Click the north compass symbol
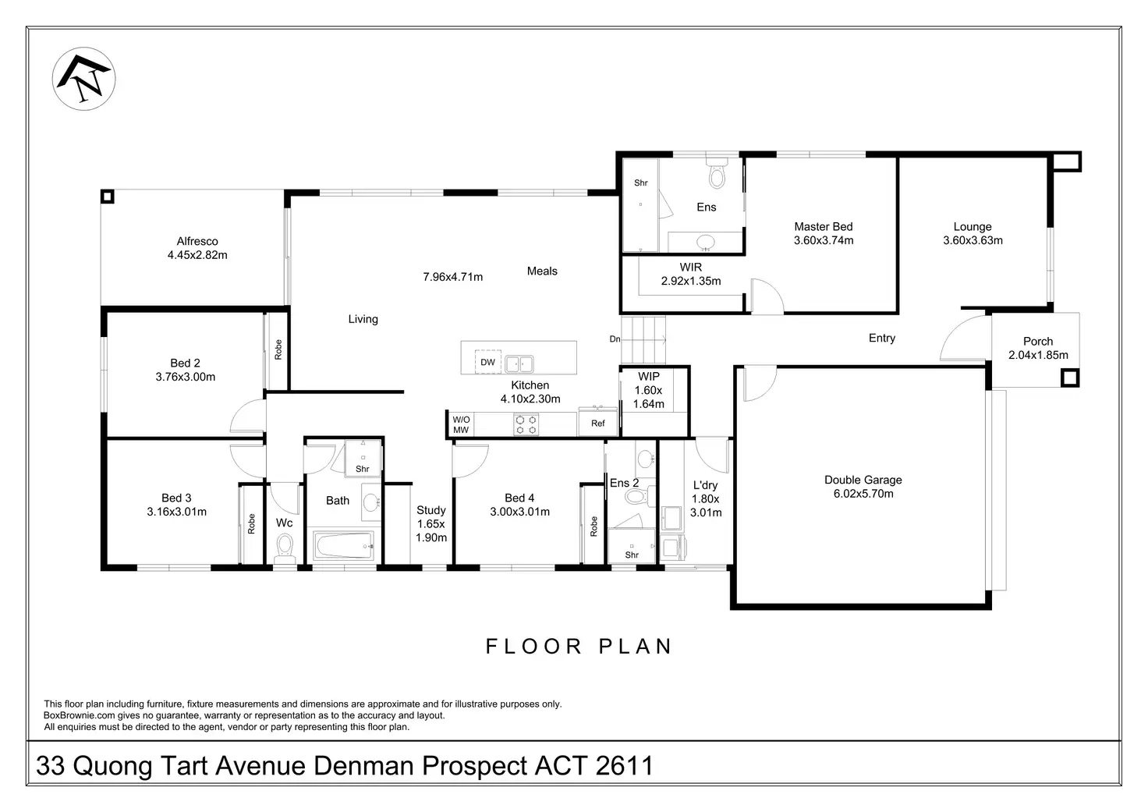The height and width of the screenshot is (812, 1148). click(x=83, y=79)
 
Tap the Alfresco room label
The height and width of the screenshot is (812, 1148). click(x=197, y=241)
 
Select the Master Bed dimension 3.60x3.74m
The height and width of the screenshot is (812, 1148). click(x=824, y=240)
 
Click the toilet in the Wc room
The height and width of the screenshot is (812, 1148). click(x=285, y=548)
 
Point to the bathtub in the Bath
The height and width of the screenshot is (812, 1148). click(x=343, y=545)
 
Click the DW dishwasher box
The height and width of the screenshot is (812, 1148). click(x=487, y=362)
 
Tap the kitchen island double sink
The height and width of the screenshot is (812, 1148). click(x=519, y=364)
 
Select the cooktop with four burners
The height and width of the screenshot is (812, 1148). click(x=526, y=424)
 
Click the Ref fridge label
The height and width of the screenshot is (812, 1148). click(x=597, y=423)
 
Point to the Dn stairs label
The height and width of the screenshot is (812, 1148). click(x=615, y=339)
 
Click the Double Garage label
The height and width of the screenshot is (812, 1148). click(x=863, y=480)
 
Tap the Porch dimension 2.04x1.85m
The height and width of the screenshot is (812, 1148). click(x=1038, y=355)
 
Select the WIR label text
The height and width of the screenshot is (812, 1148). click(x=691, y=267)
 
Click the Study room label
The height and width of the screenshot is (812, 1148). click(x=431, y=510)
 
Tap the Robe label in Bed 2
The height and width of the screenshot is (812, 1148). click(x=278, y=349)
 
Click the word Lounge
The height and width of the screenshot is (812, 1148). click(x=973, y=226)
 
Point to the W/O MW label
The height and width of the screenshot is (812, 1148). click(x=461, y=424)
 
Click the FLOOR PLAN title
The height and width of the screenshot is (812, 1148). click(x=579, y=647)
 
